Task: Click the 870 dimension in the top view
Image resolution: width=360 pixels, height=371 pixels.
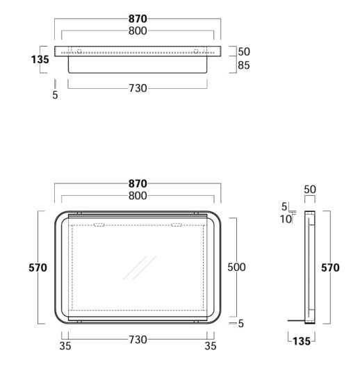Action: pos(138,19)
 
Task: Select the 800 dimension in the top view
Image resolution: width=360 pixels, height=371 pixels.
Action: pos(138,31)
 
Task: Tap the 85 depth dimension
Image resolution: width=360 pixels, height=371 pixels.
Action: pos(244,65)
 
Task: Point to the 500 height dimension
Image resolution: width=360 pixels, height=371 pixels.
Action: pos(236,267)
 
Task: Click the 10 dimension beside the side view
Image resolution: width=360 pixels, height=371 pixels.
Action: pos(286,219)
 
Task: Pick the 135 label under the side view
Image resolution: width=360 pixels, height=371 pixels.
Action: pos(302,341)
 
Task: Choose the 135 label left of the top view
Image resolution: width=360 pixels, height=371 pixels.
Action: pos(40,59)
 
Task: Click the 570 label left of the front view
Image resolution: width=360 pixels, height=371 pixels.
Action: pos(38,268)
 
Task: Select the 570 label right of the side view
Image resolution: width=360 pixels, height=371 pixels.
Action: pos(330,268)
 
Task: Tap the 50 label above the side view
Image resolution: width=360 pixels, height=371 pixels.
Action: pos(310,190)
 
